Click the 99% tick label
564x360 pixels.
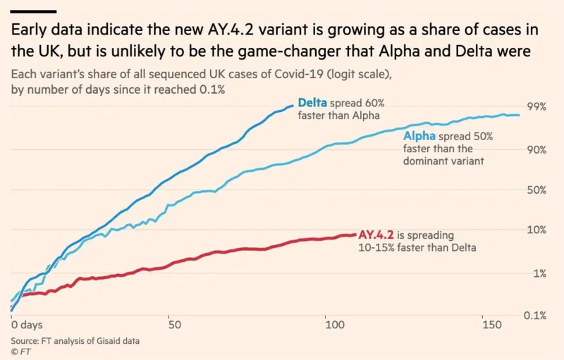[x=537, y=106]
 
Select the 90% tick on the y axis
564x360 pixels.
[x=537, y=149]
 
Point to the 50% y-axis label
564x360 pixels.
[x=537, y=190]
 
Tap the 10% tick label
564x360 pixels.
[x=537, y=229]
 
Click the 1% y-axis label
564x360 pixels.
[x=539, y=274]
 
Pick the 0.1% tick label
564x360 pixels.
[x=535, y=316]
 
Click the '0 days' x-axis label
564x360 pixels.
[x=27, y=325]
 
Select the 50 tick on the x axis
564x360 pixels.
[x=174, y=325]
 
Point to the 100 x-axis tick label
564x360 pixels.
[x=335, y=325]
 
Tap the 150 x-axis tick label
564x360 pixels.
[x=491, y=325]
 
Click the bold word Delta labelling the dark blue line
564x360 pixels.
[x=312, y=103]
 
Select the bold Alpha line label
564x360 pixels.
[x=419, y=136]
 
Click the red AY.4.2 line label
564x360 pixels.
[x=376, y=235]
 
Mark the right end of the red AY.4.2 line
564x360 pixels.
[x=355, y=235]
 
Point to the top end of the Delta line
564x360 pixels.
[x=293, y=106]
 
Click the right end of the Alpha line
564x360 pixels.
[x=519, y=115]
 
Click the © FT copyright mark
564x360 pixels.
[x=21, y=352]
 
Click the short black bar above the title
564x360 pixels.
[x=33, y=11]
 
